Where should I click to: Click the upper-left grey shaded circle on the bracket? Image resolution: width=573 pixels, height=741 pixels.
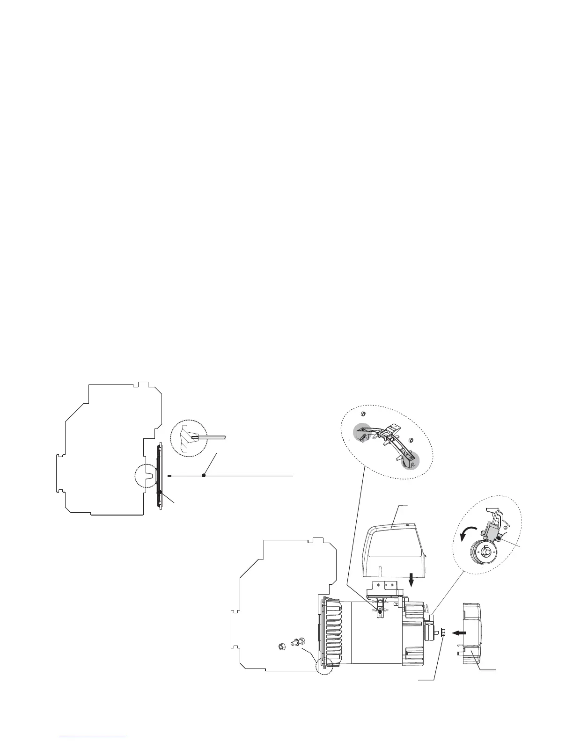click(362, 432)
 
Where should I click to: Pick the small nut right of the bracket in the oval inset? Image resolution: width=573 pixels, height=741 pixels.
click(410, 440)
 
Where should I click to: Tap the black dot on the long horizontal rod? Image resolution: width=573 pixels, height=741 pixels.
click(204, 475)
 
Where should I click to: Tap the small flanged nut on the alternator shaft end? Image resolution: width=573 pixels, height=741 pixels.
click(442, 632)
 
